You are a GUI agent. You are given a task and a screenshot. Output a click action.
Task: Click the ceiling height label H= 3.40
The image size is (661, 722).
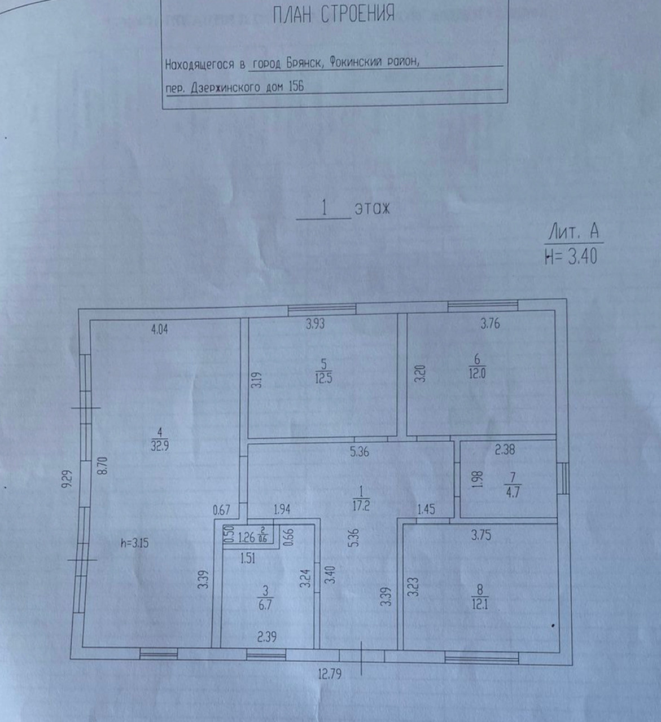pos(570,257)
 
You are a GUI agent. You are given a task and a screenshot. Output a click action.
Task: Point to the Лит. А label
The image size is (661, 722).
pos(572,232)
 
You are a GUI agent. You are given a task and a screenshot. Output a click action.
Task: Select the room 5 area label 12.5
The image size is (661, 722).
pos(323,377)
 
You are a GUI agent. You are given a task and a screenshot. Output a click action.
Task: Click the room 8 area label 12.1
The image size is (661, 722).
pos(480,605)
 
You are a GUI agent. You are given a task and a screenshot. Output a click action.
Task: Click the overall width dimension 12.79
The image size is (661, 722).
pos(330,674)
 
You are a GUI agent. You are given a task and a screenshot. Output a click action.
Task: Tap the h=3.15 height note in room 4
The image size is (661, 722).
pos(135,543)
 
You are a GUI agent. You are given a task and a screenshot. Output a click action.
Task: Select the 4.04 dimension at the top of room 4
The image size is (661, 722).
pos(160,329)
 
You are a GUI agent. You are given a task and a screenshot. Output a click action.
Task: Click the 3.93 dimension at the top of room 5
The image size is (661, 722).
pos(315,324)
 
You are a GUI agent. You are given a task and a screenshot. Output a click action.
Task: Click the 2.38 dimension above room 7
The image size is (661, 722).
pos(505,450)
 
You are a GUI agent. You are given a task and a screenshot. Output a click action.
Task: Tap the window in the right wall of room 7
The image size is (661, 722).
pos(563,478)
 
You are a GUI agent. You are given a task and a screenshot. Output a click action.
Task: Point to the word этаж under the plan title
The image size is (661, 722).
pos(372,209)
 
